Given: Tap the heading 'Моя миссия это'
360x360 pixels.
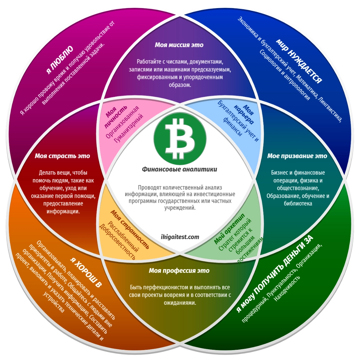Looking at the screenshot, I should (179, 45).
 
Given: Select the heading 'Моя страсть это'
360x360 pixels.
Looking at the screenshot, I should (62, 156).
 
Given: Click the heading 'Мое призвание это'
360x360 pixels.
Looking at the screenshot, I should (297, 156).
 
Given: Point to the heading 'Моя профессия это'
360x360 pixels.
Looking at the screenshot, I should (179, 271).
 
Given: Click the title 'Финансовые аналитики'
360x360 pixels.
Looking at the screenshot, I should (179, 169).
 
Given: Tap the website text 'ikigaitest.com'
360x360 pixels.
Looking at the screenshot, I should (180, 237).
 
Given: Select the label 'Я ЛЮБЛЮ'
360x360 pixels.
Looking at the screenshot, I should (60, 60).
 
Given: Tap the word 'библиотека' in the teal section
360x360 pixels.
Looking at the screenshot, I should (298, 203).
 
